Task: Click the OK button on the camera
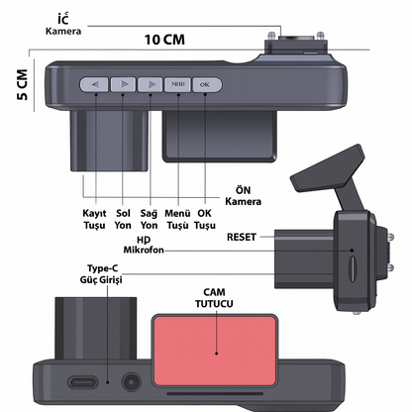tap(207, 85)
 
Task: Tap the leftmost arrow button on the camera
tap(94, 85)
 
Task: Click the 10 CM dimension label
tap(164, 40)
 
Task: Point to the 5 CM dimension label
tap(23, 84)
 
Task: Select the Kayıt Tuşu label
tap(94, 219)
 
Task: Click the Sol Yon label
tap(123, 219)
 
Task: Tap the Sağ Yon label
tap(149, 219)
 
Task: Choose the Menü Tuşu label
tap(177, 219)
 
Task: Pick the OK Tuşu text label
tap(205, 219)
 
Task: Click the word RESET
tap(242, 237)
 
